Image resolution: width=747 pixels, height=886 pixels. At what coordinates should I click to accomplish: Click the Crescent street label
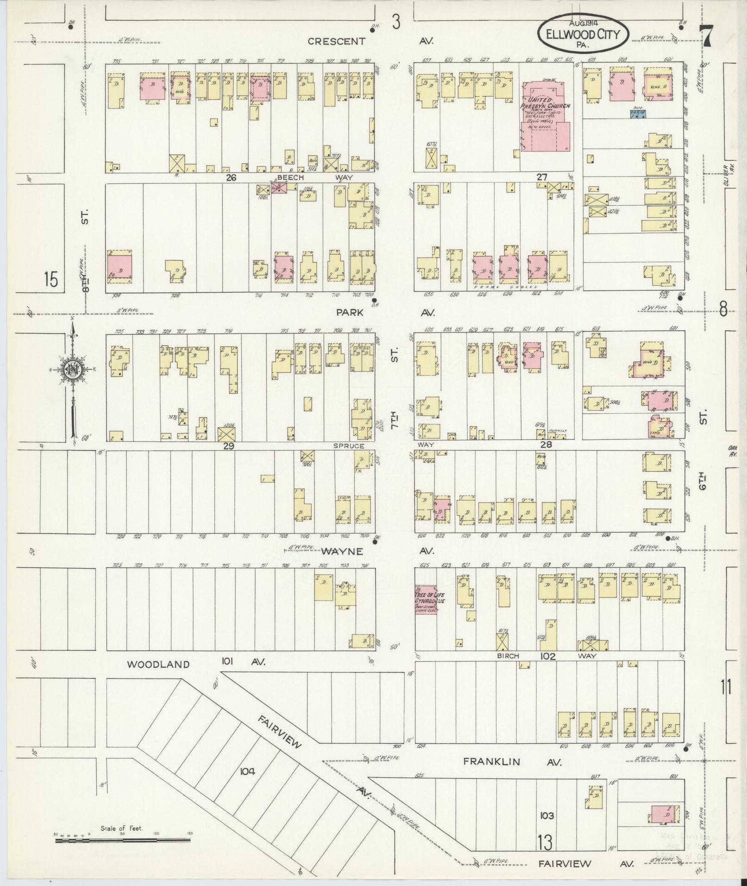[x=336, y=41]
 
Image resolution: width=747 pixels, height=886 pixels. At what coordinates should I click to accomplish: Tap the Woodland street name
[x=158, y=664]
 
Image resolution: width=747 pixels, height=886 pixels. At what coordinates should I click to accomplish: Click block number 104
[x=248, y=771]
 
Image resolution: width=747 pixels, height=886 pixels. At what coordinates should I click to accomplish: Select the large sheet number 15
[x=51, y=280]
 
